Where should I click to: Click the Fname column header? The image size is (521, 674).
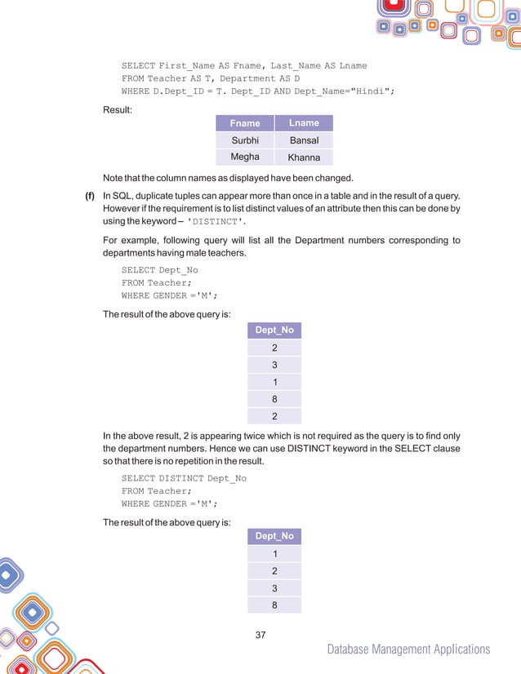(245, 123)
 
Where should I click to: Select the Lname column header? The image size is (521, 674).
(304, 123)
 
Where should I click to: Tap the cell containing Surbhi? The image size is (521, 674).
(245, 140)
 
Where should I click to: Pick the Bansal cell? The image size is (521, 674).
(304, 140)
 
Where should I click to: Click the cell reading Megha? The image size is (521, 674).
(245, 157)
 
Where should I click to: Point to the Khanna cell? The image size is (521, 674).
(304, 157)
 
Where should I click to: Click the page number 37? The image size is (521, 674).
(261, 634)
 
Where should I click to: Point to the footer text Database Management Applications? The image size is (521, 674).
(408, 650)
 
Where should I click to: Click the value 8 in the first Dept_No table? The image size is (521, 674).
(274, 400)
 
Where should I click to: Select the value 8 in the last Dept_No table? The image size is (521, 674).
(274, 605)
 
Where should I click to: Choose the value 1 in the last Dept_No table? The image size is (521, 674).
(274, 553)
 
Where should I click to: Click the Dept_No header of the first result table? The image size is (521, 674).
(274, 330)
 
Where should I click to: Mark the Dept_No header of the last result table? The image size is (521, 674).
(274, 536)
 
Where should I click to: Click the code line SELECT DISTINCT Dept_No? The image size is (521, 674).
(184, 478)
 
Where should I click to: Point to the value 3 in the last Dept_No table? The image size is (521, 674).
(274, 588)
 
